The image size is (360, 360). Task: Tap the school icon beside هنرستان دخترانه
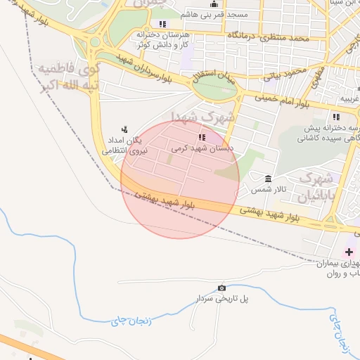click(x=164, y=24)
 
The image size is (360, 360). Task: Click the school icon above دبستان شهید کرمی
click(x=202, y=137)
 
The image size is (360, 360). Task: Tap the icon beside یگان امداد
click(x=124, y=129)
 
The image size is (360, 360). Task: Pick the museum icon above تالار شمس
click(x=268, y=179)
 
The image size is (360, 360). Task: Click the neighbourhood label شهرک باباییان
click(x=314, y=188)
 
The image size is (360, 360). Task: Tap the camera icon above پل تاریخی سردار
click(x=222, y=288)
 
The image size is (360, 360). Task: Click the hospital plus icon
click(x=349, y=251)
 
